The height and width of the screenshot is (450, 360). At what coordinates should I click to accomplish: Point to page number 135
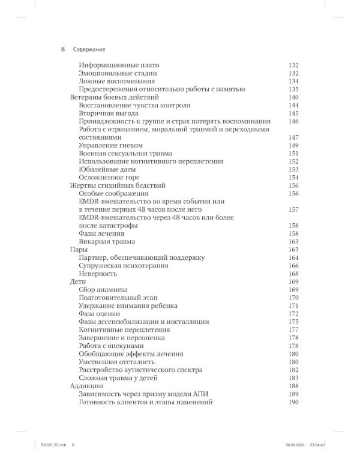point(293,89)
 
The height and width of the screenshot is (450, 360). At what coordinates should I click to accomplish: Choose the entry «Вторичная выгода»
point(109,113)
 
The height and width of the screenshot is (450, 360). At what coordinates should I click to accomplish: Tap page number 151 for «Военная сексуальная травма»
point(293,153)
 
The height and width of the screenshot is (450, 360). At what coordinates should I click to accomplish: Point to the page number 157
point(293,209)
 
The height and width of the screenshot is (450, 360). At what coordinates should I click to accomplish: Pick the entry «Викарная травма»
point(107,241)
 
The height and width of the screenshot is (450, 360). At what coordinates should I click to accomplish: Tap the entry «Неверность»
point(99,274)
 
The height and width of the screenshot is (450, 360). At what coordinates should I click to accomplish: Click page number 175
point(293,322)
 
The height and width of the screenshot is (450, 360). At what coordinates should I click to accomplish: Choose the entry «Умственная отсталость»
point(116,362)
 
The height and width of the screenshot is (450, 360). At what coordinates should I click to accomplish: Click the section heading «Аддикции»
point(88,386)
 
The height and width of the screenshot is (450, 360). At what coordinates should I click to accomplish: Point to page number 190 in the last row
point(293,402)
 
